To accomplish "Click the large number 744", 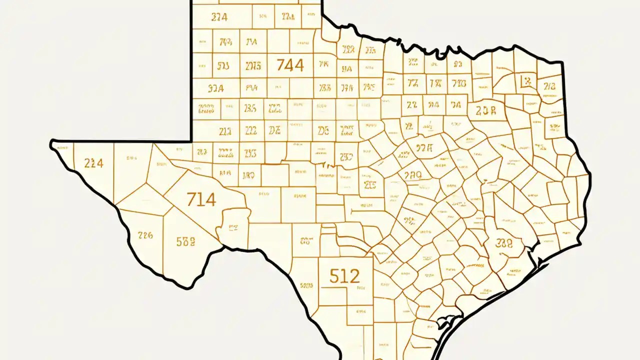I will click(x=290, y=65).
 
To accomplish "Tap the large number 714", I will click(x=201, y=199).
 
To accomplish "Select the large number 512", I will click(x=345, y=275).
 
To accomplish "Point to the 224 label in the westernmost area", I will click(x=93, y=163).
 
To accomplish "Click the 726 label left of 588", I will click(x=145, y=235).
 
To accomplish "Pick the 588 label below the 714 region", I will click(x=186, y=242).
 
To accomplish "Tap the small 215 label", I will click(x=370, y=186).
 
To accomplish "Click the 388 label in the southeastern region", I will click(x=503, y=243).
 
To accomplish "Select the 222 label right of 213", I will click(x=251, y=131).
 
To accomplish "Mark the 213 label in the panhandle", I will click(x=225, y=131).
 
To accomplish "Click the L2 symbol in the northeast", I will click(x=528, y=81).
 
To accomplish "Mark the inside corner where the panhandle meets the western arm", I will click(x=192, y=141).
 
